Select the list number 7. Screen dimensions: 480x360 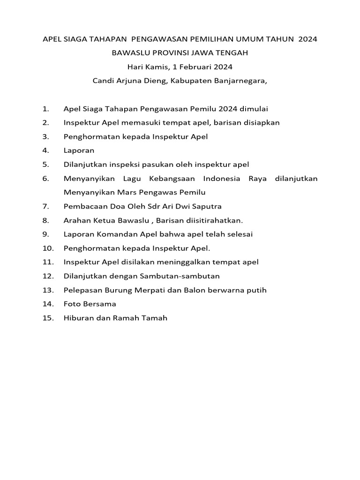(45, 206)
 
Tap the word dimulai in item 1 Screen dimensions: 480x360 (254, 109)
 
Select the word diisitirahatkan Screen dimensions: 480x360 (214, 220)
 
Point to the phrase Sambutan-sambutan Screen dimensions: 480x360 (180, 276)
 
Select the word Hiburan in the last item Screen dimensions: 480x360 (79, 318)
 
